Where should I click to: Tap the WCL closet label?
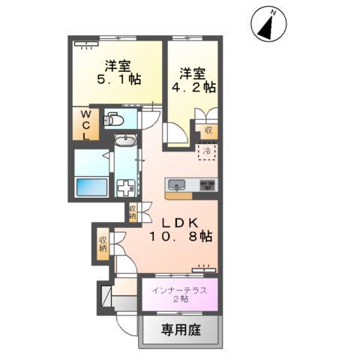click(85, 124)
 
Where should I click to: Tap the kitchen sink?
click(178, 185)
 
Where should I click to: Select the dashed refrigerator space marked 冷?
click(206, 151)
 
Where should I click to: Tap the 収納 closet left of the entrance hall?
click(102, 244)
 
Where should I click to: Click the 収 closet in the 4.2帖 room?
click(208, 129)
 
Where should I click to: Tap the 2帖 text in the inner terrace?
click(180, 300)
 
